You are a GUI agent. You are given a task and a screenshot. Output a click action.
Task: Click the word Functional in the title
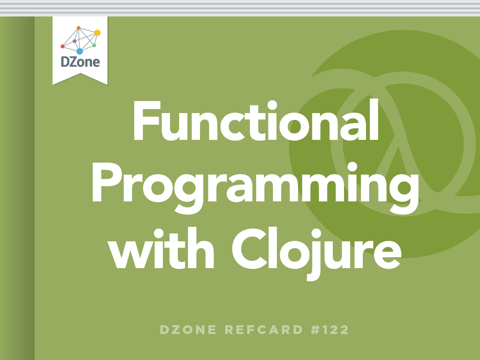pos(256,120)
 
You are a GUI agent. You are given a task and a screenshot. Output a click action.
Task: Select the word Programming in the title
pos(256,187)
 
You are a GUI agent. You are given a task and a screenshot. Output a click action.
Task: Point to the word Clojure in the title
pos(317,253)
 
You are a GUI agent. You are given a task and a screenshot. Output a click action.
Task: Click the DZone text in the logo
pos(80,62)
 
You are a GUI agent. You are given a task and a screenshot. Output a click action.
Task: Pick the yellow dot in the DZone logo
pos(97,33)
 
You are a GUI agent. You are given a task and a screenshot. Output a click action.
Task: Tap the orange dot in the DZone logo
pos(78,28)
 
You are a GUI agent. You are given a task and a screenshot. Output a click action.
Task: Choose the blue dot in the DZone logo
pos(80,51)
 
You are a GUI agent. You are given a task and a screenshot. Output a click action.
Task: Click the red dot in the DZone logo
pos(62,46)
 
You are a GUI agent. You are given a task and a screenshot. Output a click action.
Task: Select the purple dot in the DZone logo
pos(74,41)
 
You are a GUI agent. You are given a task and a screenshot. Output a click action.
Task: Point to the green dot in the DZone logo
pos(94,46)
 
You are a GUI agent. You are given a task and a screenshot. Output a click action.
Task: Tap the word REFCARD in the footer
pos(264,330)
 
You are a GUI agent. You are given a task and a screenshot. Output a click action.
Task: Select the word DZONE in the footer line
pos(188,330)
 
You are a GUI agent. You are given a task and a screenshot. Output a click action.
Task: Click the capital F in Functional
pos(147,121)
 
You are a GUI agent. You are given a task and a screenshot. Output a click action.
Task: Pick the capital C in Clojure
pos(250,248)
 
